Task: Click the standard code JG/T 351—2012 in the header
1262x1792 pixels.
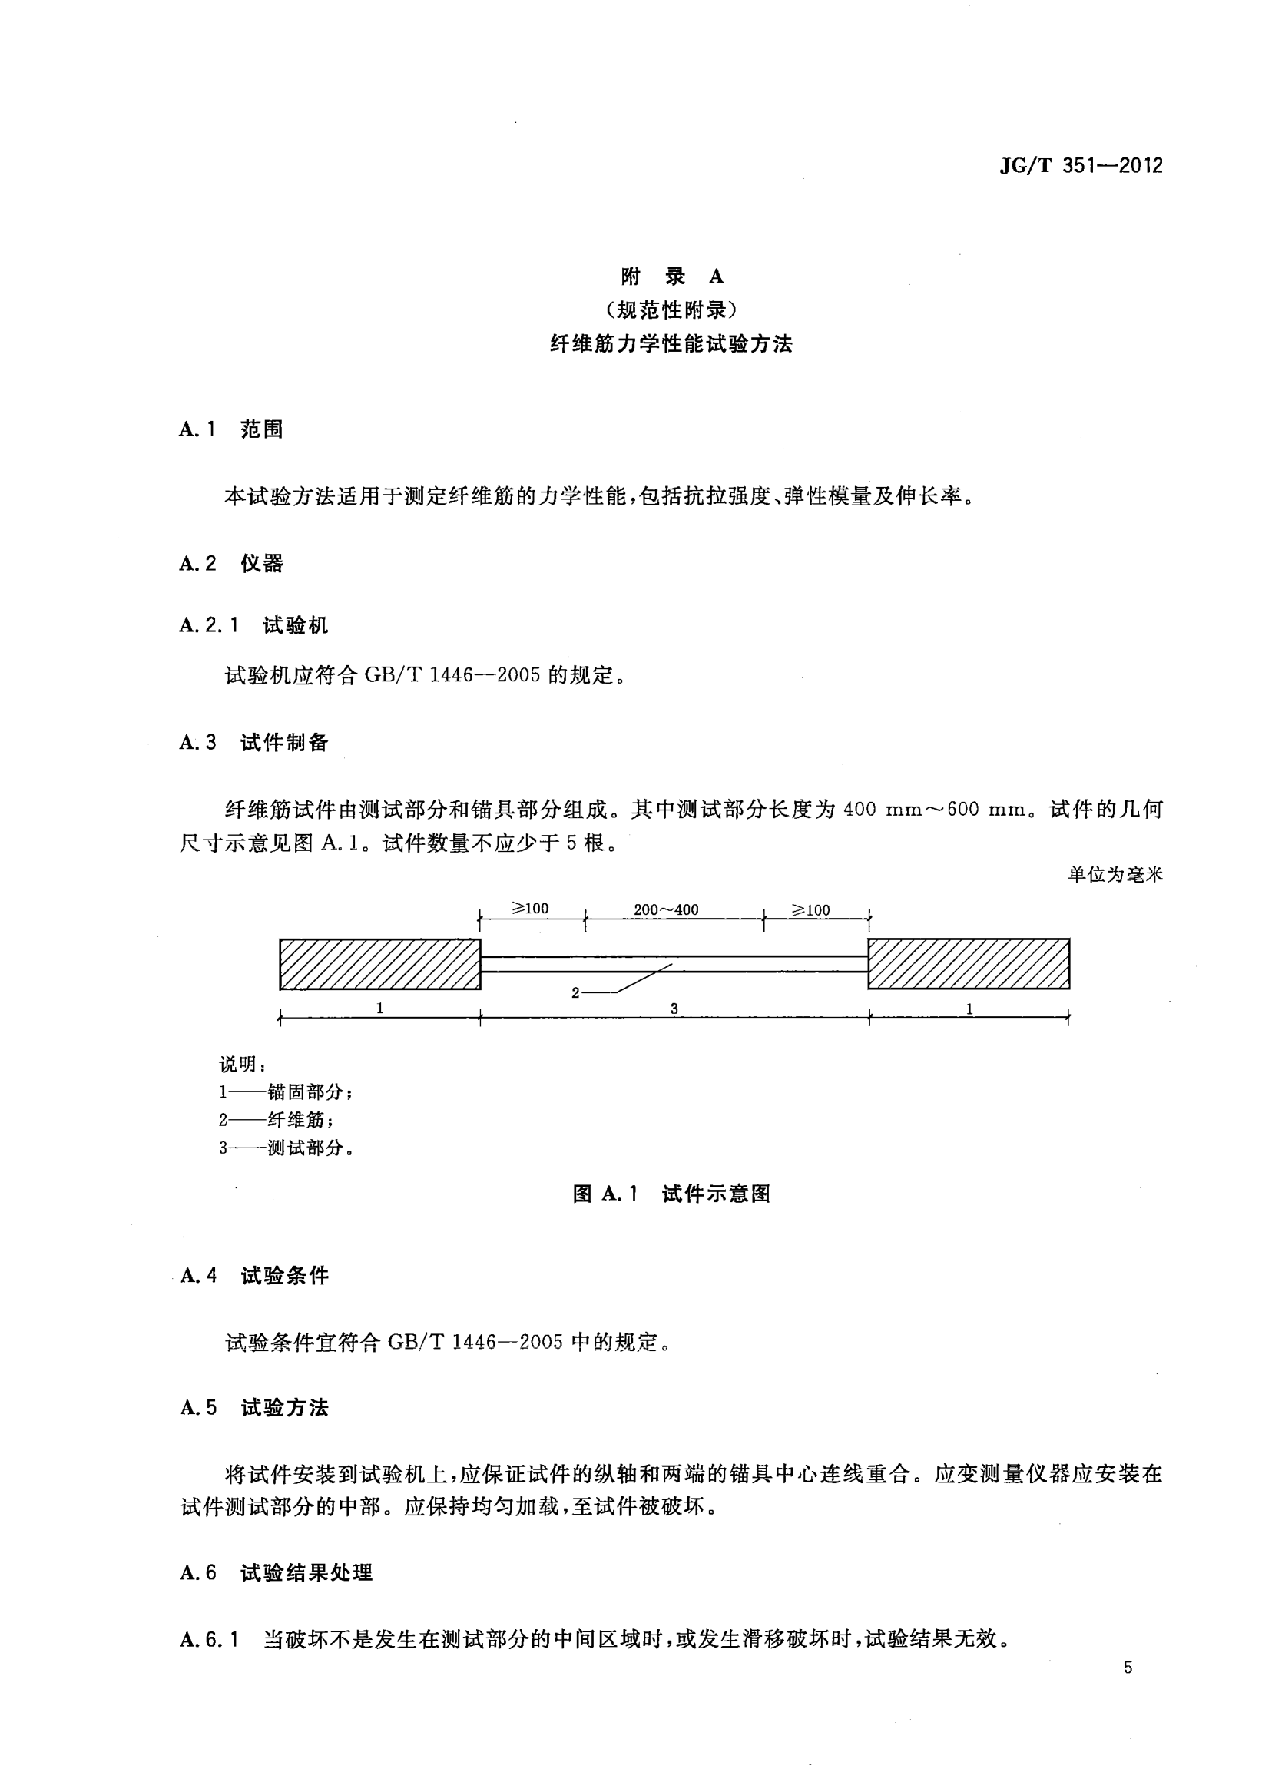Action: pyautogui.click(x=1080, y=165)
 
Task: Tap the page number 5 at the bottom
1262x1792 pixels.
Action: pyautogui.click(x=1128, y=1668)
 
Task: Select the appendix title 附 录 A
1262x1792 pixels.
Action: pyautogui.click(x=672, y=277)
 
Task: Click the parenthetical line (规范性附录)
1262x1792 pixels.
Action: pyautogui.click(x=671, y=310)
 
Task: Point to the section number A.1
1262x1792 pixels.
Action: pyautogui.click(x=197, y=429)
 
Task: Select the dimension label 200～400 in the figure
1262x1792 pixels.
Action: pyautogui.click(x=666, y=909)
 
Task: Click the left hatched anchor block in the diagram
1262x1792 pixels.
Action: pyautogui.click(x=380, y=964)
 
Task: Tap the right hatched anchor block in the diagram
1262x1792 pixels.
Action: pyautogui.click(x=969, y=964)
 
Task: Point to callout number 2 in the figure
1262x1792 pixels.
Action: pyautogui.click(x=576, y=992)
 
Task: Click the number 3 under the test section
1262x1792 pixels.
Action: pyautogui.click(x=674, y=1009)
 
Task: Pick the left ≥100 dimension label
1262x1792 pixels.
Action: pyautogui.click(x=531, y=909)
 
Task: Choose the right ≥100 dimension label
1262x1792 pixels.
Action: pyautogui.click(x=812, y=910)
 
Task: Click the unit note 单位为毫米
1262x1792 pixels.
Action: pyautogui.click(x=1115, y=875)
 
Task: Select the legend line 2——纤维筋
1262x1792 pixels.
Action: pyautogui.click(x=277, y=1120)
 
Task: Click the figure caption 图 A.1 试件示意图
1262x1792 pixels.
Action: pyautogui.click(x=671, y=1194)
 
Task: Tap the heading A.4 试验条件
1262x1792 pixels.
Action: pyautogui.click(x=253, y=1276)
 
